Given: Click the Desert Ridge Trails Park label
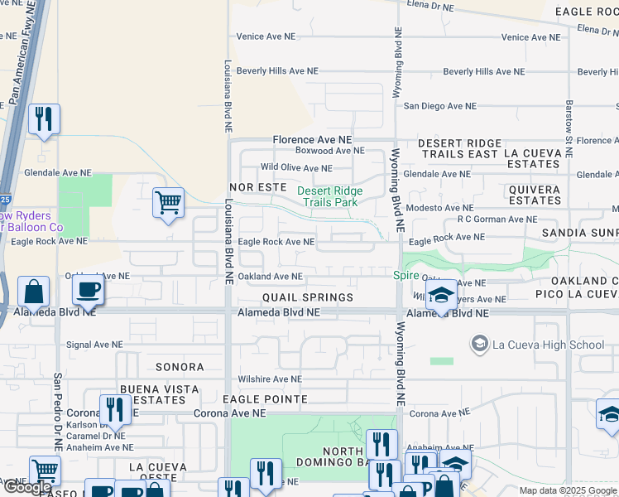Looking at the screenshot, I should tap(329, 195).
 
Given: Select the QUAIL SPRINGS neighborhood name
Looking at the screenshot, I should tap(308, 297).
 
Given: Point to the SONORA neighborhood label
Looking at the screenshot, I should tap(179, 366).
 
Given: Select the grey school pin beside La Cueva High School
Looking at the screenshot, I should tap(478, 343).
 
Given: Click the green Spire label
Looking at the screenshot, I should tap(405, 274).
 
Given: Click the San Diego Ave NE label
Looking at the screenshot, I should tap(439, 106).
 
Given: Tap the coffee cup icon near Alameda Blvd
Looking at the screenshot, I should tap(88, 290).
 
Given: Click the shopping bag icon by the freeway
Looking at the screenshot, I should tap(33, 291).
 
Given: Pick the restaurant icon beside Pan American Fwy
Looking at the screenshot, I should tap(44, 118).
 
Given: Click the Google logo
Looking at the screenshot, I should tap(28, 487).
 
